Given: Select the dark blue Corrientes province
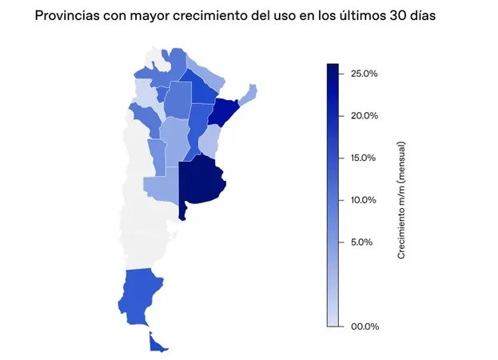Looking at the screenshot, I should [x=223, y=114].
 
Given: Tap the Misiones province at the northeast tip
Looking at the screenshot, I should [x=249, y=93].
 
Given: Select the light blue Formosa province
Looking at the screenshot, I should [x=207, y=78].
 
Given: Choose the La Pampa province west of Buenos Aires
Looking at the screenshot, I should [x=160, y=186].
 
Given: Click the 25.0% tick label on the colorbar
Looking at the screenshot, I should [x=364, y=74].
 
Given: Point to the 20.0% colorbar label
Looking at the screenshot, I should [x=364, y=115].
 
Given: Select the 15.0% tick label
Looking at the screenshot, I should [x=364, y=158].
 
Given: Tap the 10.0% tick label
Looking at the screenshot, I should [x=364, y=199].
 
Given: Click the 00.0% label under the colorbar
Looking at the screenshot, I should [x=364, y=326].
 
